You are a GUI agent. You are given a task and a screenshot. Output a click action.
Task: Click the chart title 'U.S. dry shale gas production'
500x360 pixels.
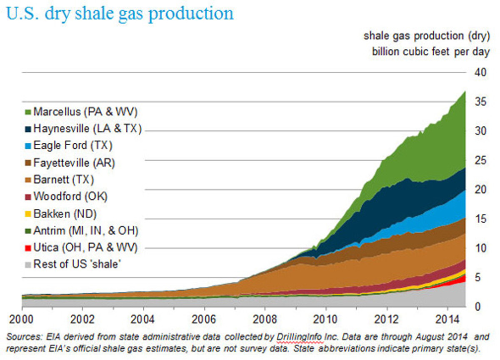click(x=120, y=13)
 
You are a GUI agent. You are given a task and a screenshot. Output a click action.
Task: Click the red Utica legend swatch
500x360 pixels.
click(x=28, y=248)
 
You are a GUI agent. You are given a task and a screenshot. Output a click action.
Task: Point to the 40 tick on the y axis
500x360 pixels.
click(x=482, y=72)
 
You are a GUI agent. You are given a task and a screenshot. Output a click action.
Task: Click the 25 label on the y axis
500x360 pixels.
click(x=482, y=160)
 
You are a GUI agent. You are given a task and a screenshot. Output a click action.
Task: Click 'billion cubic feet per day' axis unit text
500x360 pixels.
click(x=431, y=52)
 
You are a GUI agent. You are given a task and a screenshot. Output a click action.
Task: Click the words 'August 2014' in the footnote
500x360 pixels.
click(x=447, y=337)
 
